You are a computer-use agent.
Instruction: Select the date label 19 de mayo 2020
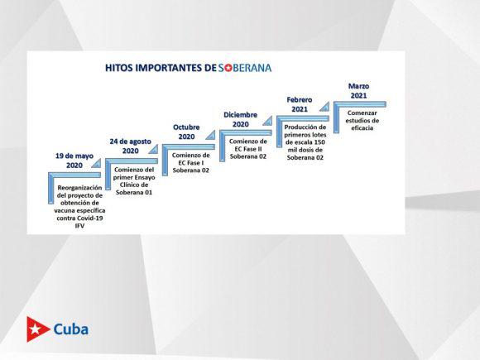(74, 161)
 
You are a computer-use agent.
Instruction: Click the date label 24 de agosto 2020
(131, 146)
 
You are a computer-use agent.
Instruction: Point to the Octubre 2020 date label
(186, 132)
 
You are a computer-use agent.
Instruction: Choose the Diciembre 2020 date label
(240, 119)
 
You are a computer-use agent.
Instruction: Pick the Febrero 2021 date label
(300, 104)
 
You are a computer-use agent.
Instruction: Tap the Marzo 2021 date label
(358, 90)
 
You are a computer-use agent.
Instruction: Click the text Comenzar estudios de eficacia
(362, 120)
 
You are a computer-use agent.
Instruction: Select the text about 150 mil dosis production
(305, 142)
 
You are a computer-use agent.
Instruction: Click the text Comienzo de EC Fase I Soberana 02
(190, 162)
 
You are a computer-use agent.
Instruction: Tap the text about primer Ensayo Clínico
(134, 181)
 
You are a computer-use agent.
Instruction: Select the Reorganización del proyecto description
(79, 207)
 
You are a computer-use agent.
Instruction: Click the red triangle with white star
(37, 329)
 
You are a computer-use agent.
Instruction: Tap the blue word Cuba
(71, 329)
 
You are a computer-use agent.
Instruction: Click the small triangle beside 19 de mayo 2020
(97, 164)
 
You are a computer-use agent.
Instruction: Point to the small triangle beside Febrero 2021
(325, 107)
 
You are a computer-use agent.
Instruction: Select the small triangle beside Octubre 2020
(211, 135)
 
